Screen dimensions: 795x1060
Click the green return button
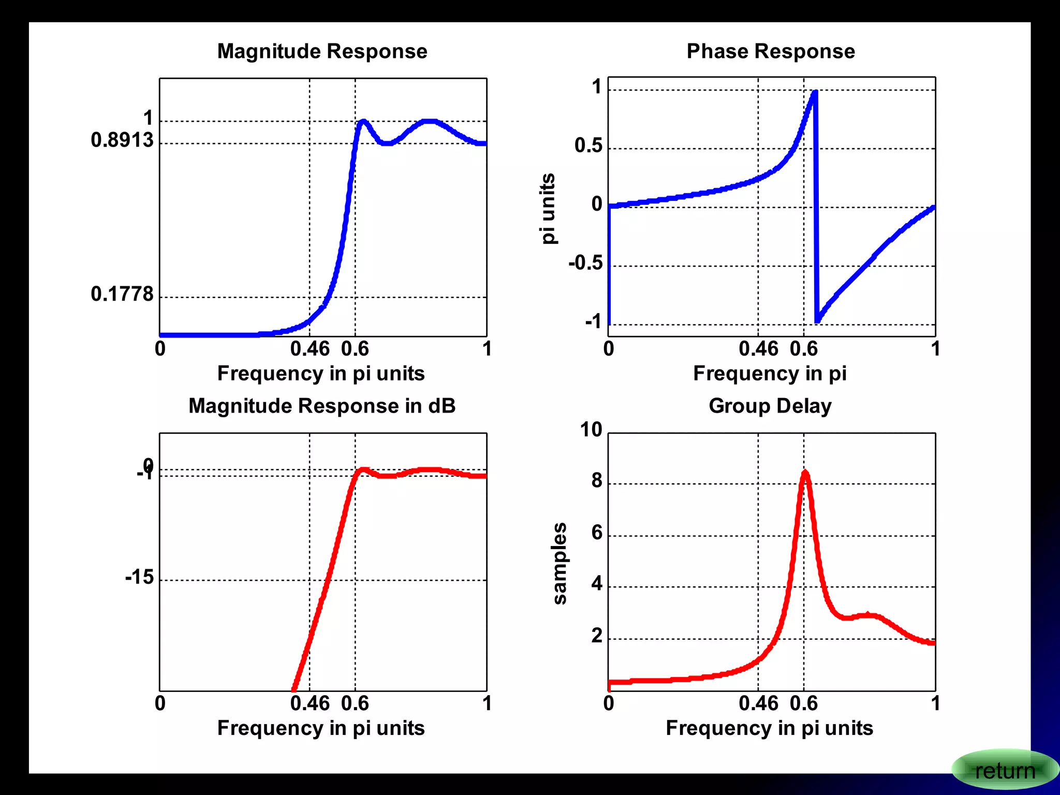click(1004, 770)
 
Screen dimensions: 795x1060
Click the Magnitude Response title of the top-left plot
click(322, 51)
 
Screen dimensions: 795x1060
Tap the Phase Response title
click(770, 51)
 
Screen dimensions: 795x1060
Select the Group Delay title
click(770, 406)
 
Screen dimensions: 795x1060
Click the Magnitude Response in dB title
click(322, 406)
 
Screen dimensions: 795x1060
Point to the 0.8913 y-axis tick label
click(122, 140)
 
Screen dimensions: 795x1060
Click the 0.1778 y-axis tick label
click(122, 294)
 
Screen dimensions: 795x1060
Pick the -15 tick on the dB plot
click(139, 577)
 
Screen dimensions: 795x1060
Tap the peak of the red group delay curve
click(805, 473)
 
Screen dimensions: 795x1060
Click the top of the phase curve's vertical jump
click(815, 93)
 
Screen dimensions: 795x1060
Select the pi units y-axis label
click(548, 208)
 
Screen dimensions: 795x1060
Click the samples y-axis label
click(560, 563)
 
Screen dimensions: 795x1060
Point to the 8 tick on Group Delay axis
click(597, 481)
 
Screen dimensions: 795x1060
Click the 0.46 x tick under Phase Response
click(758, 349)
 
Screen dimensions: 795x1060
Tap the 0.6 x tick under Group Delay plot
click(803, 703)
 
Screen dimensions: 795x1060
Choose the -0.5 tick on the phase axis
click(585, 263)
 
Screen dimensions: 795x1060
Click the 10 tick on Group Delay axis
click(591, 430)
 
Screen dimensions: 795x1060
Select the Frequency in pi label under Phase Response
click(770, 373)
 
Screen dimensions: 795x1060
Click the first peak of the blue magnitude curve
click(363, 122)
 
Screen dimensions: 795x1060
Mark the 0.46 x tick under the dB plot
click(310, 703)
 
